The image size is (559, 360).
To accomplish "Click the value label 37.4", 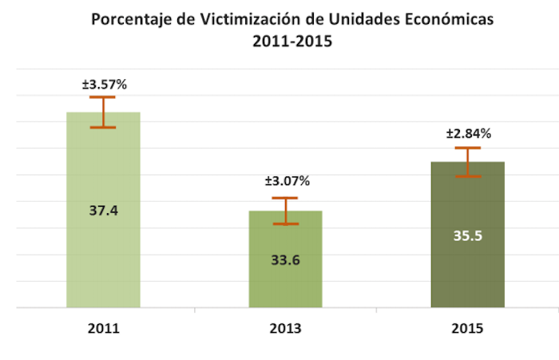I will [102, 210].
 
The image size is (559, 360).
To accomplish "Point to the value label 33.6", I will [285, 259].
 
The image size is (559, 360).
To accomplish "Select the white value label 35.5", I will [467, 235].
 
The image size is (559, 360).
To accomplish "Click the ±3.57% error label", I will [102, 82].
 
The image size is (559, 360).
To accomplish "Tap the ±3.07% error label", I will [287, 181].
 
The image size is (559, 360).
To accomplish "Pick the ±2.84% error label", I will [469, 133].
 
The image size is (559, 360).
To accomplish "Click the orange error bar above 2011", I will [102, 112].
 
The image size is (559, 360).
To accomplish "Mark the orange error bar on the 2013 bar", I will [285, 211].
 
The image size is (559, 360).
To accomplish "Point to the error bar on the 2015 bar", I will [467, 162].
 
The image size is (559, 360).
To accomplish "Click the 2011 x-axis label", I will [102, 329].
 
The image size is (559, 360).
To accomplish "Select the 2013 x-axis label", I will [285, 329].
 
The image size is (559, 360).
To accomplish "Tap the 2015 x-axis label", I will [467, 329].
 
